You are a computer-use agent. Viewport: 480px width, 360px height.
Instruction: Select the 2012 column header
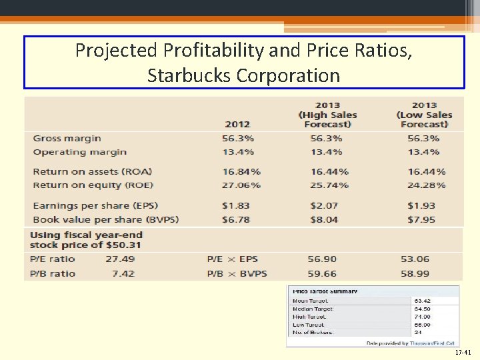(237, 124)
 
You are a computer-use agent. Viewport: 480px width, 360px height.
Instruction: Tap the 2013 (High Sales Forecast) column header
(327, 115)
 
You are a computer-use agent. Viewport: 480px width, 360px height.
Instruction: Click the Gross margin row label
(67, 139)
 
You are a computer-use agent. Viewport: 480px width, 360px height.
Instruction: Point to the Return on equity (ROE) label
(93, 185)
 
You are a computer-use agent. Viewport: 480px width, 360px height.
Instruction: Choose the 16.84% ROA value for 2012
(241, 172)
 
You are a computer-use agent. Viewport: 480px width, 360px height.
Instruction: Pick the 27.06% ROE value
(241, 185)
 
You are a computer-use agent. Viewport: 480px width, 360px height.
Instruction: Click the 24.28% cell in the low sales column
(427, 185)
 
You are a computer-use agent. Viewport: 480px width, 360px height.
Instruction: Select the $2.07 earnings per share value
(324, 206)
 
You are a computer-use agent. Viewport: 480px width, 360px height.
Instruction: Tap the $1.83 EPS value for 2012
(236, 206)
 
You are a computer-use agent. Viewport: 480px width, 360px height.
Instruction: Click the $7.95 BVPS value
(421, 219)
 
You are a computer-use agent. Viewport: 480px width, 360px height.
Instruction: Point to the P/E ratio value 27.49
(119, 259)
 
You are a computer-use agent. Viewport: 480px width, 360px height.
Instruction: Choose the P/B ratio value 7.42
(123, 273)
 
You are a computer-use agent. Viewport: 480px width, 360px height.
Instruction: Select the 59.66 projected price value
(322, 273)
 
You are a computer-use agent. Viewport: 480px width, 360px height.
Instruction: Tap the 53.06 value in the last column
(415, 259)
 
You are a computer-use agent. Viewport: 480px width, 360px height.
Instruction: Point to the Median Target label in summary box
(313, 309)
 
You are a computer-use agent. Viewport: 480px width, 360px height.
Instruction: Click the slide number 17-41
(462, 351)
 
